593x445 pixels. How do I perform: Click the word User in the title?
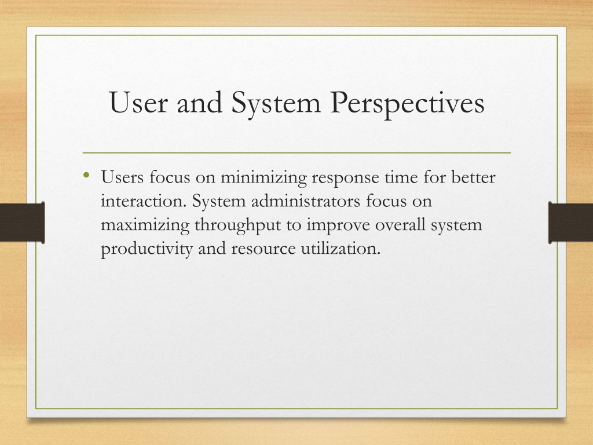138,102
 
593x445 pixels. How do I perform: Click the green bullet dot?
87,175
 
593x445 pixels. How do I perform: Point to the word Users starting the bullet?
122,177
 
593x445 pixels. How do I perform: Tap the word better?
473,177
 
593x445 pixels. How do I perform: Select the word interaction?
144,201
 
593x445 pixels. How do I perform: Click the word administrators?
306,201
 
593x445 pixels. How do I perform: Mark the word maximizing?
145,225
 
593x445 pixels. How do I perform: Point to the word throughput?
238,225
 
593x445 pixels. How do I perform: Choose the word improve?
338,225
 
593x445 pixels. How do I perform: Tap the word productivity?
147,249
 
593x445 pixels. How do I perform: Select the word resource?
263,249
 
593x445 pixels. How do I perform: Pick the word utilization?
341,249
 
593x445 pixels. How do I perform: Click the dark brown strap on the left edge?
23,222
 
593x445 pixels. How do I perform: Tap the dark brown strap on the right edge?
570,222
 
